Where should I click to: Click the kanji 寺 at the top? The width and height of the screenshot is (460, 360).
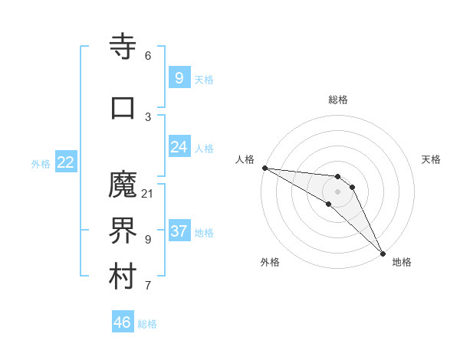tap(123, 47)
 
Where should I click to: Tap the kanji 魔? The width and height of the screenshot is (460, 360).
tap(123, 185)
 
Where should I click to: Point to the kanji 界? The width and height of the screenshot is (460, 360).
tap(123, 231)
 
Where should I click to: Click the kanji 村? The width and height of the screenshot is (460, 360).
tap(123, 277)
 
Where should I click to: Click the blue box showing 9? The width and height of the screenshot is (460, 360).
tap(179, 78)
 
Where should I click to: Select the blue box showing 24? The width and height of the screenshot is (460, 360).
tap(179, 147)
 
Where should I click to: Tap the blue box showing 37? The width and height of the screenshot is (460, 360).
tap(179, 231)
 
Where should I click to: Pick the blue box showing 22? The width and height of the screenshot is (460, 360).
tap(66, 162)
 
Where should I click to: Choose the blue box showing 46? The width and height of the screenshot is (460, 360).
tap(123, 322)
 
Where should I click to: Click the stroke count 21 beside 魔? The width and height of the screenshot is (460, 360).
tap(148, 193)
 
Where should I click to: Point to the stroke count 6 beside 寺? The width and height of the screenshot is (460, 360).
tap(148, 56)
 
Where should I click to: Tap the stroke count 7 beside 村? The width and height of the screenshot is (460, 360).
tap(148, 286)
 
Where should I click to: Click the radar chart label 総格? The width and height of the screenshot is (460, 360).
tap(338, 100)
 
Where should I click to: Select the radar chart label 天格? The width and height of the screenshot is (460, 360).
tap(432, 159)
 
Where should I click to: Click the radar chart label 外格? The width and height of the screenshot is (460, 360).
tap(270, 262)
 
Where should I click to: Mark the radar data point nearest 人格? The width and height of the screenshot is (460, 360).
tap(264, 168)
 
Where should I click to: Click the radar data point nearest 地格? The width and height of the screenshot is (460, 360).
tap(383, 253)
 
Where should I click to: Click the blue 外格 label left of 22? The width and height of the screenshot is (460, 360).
tap(41, 163)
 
